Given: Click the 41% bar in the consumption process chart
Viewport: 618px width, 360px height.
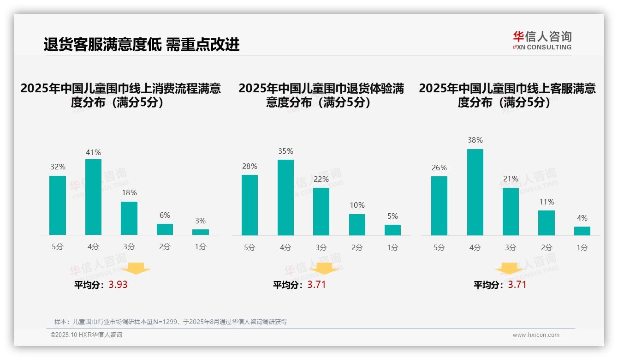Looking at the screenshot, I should pos(93,197).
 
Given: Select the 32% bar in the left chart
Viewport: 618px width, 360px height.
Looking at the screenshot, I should pos(58,205).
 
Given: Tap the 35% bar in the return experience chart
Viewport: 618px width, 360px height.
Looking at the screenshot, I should pos(285,198).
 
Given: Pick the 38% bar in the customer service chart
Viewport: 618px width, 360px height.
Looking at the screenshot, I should pos(475,192).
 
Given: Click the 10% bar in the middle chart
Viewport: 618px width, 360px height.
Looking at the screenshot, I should pos(357,225).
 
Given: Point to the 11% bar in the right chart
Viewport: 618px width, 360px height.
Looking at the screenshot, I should pos(547,223).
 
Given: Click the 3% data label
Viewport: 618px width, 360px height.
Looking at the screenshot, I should pos(200,221).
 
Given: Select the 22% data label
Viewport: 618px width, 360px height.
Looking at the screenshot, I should pos(321,179).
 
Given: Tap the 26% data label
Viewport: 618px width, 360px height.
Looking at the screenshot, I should pos(439,168).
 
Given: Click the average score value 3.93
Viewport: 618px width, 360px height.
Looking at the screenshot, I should pos(118,285).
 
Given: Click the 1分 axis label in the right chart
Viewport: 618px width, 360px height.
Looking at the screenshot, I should pos(582,247).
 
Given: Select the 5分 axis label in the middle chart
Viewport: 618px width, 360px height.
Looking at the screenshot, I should pos(250,247).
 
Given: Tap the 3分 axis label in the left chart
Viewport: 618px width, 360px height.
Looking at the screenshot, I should pos(129,247).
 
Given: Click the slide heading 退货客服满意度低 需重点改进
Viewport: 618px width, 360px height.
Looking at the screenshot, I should pos(142,44).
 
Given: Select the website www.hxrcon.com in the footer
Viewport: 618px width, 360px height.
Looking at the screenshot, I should pos(536,335).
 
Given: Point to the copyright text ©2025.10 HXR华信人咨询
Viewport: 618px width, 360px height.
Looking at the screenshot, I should pos(86,335).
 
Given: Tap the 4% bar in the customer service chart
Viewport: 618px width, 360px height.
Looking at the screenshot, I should pos(582,231).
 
